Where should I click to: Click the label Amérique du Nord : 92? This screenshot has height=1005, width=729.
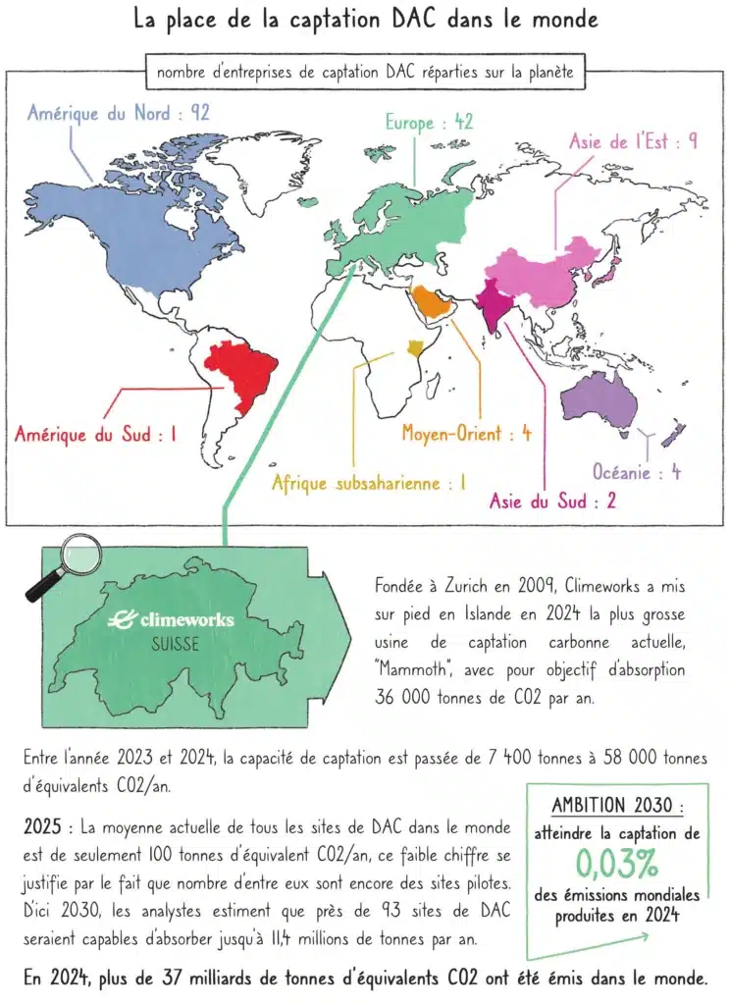pos(119,114)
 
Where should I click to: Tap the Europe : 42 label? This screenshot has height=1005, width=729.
pos(430,122)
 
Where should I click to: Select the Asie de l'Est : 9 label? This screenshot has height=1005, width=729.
pos(633,141)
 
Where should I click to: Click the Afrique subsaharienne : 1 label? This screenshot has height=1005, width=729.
pos(368,482)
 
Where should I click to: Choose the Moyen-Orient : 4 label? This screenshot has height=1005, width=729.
pos(466,433)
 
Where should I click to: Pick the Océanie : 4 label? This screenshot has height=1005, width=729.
pos(637,473)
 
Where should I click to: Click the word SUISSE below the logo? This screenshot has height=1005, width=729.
pos(176,645)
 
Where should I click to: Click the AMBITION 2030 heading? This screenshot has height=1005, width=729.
pos(616,806)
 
